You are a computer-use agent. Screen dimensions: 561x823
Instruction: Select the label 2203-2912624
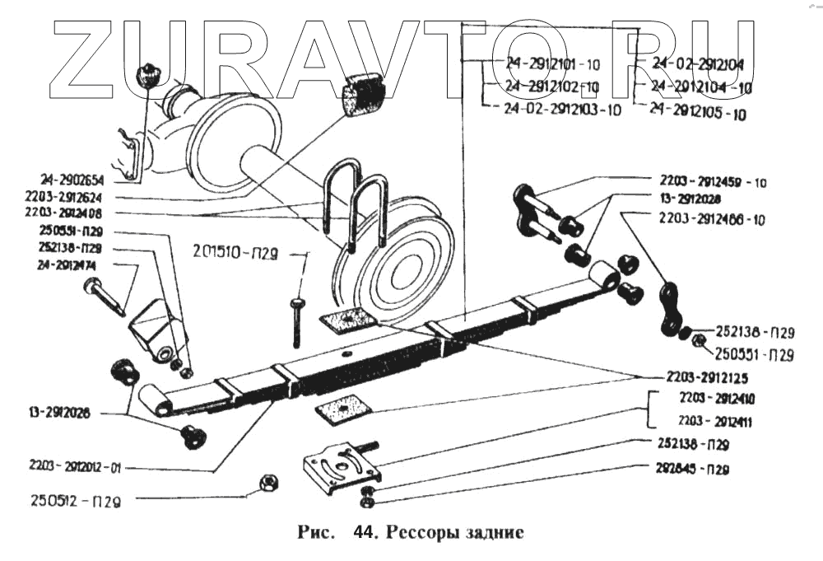click(72, 198)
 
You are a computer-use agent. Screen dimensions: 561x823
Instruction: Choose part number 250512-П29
click(75, 500)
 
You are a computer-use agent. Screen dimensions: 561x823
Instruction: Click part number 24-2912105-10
click(698, 111)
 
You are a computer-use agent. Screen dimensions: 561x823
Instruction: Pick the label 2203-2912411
click(718, 423)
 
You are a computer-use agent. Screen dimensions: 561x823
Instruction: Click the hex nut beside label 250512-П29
click(265, 482)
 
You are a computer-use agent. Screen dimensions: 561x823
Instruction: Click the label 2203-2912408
click(72, 213)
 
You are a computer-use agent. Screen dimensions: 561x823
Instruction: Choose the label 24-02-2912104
click(698, 63)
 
